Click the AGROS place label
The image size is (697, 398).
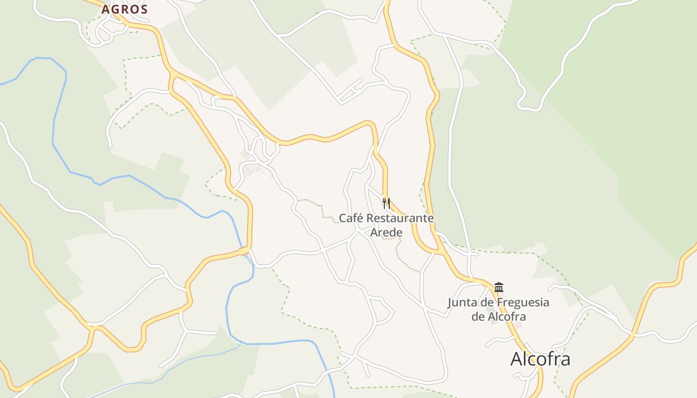point(124,9)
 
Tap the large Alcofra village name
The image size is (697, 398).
point(540,359)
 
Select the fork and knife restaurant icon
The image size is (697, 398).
point(386,203)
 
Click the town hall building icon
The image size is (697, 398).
point(499,287)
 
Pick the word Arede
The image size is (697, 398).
point(386,232)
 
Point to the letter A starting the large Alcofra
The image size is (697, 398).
point(517,359)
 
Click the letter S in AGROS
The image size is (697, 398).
point(144,9)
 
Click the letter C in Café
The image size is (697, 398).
point(343,218)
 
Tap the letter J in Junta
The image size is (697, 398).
point(450,302)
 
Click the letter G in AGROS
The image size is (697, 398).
point(115,9)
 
